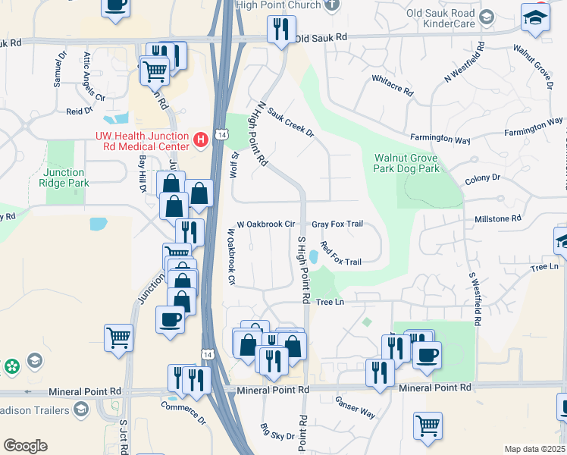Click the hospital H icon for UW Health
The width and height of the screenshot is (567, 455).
pyautogui.click(x=201, y=140)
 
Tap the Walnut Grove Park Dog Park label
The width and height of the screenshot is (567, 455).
pyautogui.click(x=406, y=163)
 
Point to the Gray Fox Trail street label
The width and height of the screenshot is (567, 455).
pyautogui.click(x=337, y=224)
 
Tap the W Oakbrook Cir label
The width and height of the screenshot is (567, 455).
pyautogui.click(x=265, y=224)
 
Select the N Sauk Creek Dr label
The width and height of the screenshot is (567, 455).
pyautogui.click(x=287, y=119)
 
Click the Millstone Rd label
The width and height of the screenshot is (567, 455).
pyautogui.click(x=497, y=218)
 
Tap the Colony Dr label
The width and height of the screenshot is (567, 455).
pyautogui.click(x=483, y=177)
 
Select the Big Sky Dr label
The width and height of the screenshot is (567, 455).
pyautogui.click(x=277, y=435)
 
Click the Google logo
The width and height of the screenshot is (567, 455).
pyautogui.click(x=25, y=446)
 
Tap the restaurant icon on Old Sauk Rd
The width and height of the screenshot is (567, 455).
pyautogui.click(x=280, y=30)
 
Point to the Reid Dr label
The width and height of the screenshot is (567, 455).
pyautogui.click(x=79, y=111)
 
